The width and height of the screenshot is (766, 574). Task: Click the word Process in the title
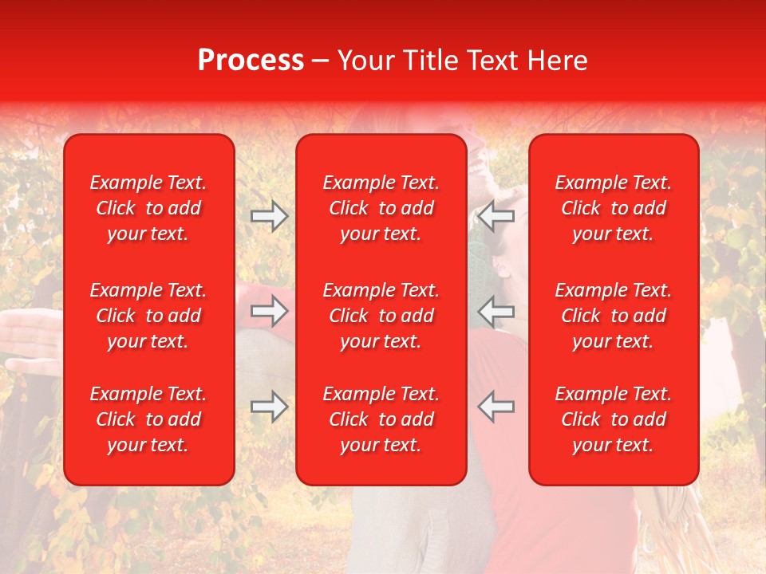tap(251, 61)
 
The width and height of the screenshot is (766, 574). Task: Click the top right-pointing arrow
tap(269, 216)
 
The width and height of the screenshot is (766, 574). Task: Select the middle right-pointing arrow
tap(269, 311)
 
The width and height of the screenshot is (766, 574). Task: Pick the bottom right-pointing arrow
tap(269, 407)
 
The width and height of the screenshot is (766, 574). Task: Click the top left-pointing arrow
tap(496, 216)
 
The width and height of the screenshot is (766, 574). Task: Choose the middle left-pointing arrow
tap(496, 311)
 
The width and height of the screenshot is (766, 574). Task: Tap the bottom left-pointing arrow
tap(496, 407)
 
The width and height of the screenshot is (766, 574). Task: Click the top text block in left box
tap(148, 208)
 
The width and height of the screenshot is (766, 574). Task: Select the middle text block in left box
tap(148, 316)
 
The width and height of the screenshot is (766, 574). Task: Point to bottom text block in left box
tap(148, 419)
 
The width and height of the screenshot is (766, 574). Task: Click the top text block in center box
tap(381, 208)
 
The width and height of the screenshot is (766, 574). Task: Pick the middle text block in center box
tap(381, 316)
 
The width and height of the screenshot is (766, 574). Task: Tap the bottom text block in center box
tap(381, 419)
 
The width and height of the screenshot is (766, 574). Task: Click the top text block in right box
tap(613, 208)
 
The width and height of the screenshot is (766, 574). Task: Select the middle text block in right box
tap(613, 316)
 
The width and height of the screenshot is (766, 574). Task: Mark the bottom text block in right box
tap(613, 419)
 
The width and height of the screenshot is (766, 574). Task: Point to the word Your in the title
tap(366, 61)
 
